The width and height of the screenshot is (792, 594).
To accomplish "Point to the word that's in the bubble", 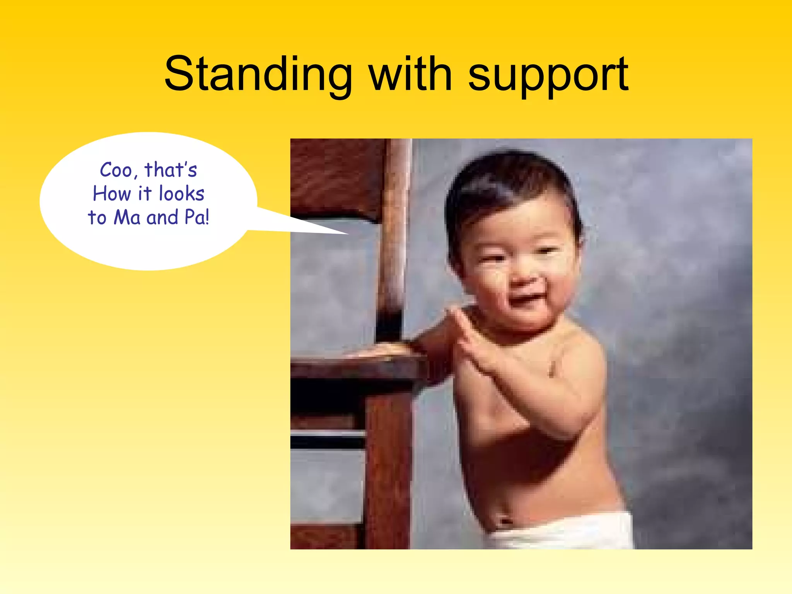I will (x=171, y=170).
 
